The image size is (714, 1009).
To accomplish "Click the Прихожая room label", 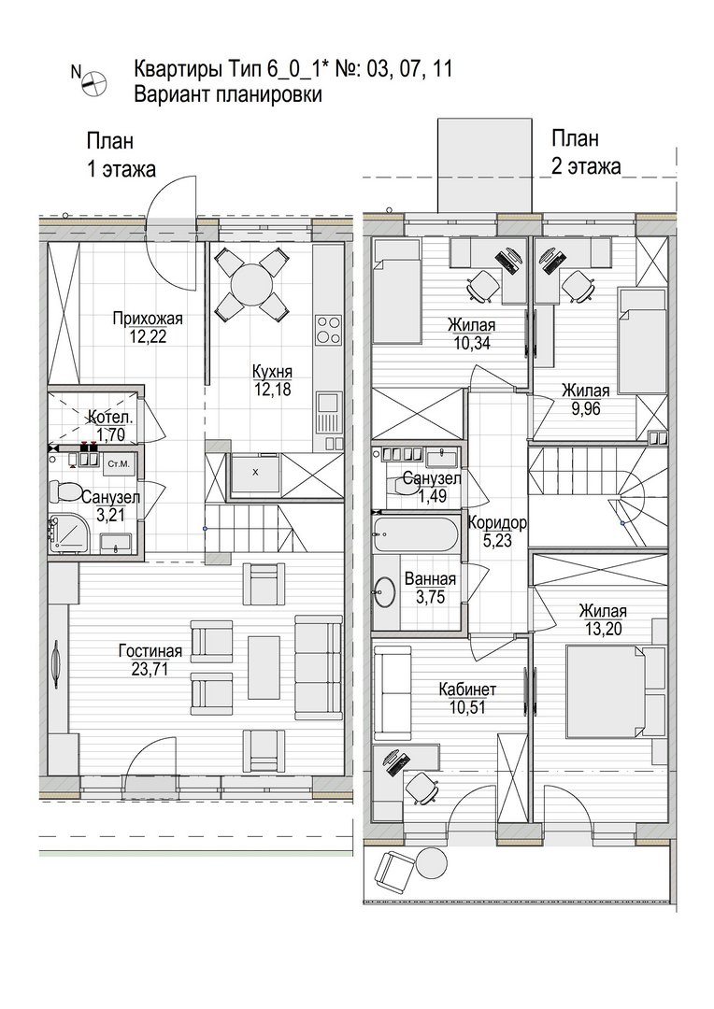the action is [148, 319].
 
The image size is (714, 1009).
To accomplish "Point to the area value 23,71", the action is [150, 669].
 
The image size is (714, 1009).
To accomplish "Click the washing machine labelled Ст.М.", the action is [119, 463].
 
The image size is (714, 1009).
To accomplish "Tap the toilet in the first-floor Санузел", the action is [64, 493].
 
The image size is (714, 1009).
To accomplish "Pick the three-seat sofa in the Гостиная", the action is [318, 667].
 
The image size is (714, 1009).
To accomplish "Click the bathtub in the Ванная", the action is [415, 533].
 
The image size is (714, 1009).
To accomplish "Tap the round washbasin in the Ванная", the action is [385, 591].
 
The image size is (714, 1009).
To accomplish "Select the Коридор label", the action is [497, 522].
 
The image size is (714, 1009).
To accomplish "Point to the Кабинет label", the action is [467, 689].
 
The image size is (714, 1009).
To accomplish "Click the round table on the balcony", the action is [431, 863].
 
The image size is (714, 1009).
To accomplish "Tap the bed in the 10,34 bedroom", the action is [396, 291].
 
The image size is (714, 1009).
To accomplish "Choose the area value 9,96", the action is [585, 408].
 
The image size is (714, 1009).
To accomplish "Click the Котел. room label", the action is [110, 417].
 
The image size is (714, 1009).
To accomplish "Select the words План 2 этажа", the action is [585, 152].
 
